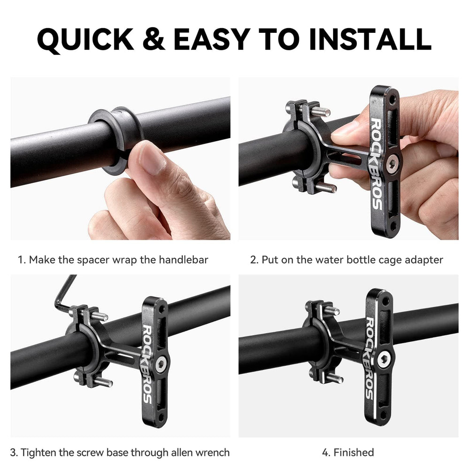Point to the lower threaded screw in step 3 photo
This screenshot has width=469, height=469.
click(x=102, y=382)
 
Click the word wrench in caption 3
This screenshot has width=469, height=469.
click(x=213, y=453)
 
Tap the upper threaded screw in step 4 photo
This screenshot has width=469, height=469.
click(x=331, y=310)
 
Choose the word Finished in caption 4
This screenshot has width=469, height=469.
click(x=354, y=453)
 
